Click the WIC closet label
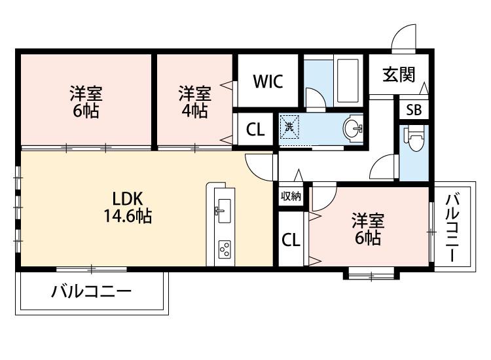tap(268, 82)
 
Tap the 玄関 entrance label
tap(399, 75)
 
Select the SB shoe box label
tap(413, 110)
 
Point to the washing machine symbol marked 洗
tap(289, 126)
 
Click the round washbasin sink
tap(354, 128)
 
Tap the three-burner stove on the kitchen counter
tap(225, 249)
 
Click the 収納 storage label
tap(291, 196)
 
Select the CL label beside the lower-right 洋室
tap(291, 240)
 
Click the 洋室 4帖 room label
tap(194, 101)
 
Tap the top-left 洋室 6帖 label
tap(86, 101)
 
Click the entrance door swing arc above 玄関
tap(404, 37)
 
